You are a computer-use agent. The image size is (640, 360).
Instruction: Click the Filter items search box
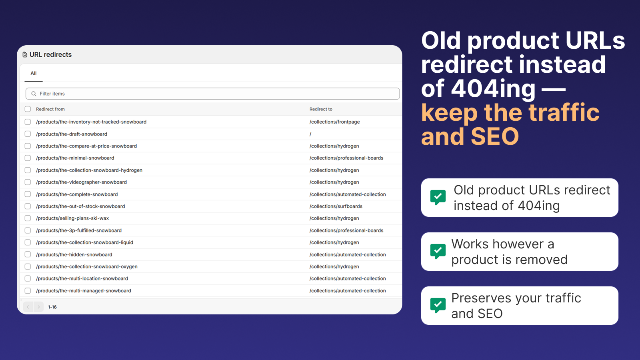click(x=212, y=94)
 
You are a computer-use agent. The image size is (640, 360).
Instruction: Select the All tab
click(x=34, y=73)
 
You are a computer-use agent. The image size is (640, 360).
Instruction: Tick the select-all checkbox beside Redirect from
click(x=28, y=109)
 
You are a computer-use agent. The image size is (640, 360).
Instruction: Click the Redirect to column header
click(x=321, y=109)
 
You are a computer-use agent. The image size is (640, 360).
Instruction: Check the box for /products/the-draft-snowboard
click(x=28, y=134)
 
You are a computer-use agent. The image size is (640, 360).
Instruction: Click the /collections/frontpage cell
click(x=334, y=122)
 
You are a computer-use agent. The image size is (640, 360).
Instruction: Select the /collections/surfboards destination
click(x=336, y=206)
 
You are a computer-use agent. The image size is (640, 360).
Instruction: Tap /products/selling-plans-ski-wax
click(x=72, y=218)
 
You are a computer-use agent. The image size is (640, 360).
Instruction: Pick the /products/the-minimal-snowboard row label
click(x=75, y=158)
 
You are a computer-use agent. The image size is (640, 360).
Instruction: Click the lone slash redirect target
click(x=310, y=134)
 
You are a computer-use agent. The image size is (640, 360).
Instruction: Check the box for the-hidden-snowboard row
click(x=28, y=254)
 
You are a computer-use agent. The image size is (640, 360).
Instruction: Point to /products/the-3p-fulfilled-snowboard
click(x=78, y=230)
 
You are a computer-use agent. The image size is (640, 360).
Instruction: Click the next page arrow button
click(x=38, y=307)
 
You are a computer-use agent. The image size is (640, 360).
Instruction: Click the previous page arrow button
click(x=28, y=307)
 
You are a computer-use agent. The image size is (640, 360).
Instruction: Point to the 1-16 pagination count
click(x=52, y=307)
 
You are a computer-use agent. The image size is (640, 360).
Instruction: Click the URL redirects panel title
click(x=50, y=54)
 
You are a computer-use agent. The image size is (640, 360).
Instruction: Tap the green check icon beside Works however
click(x=438, y=252)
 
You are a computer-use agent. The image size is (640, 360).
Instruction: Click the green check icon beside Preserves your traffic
click(x=438, y=306)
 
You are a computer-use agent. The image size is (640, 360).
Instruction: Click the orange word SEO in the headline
click(x=495, y=136)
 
